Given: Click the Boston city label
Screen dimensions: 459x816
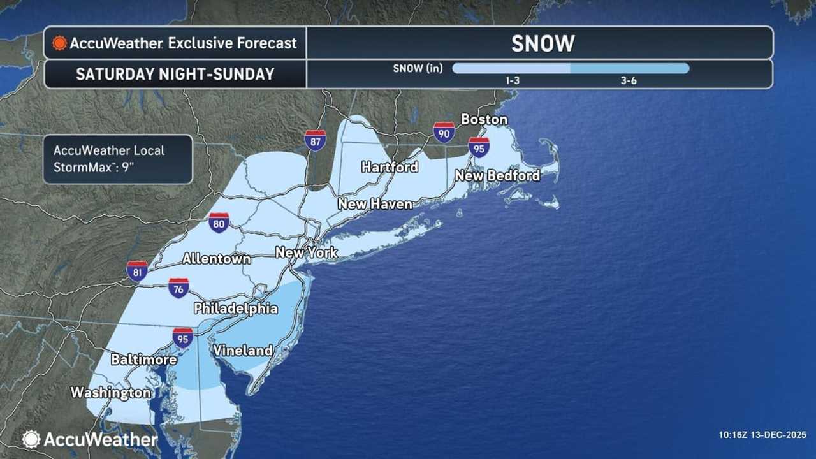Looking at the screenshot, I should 484,119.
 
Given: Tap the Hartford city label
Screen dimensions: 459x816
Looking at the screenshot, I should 390,167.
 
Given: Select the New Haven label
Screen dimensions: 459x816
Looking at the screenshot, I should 375,204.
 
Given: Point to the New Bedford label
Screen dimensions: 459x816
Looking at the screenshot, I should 497,175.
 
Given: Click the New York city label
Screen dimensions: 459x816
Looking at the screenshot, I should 307,252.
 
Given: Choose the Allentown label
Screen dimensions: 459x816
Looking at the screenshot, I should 216,259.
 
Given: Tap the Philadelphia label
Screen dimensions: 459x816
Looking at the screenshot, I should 236,309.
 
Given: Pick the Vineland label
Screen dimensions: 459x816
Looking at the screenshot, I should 243,350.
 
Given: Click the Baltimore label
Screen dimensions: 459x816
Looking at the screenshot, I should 143,360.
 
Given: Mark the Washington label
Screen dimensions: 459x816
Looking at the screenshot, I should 110,392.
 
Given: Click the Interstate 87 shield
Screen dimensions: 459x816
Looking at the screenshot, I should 316,140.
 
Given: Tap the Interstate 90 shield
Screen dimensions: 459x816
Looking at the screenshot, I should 444,132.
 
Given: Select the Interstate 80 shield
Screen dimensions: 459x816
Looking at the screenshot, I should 219,222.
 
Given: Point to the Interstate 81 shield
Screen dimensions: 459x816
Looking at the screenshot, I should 137,271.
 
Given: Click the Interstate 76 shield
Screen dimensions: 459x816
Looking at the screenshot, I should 178,288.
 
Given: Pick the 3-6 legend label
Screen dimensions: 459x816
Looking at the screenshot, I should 629,81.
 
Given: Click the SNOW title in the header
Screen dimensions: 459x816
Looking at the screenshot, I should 543,43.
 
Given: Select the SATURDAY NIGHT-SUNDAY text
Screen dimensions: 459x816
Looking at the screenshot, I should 175,74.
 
